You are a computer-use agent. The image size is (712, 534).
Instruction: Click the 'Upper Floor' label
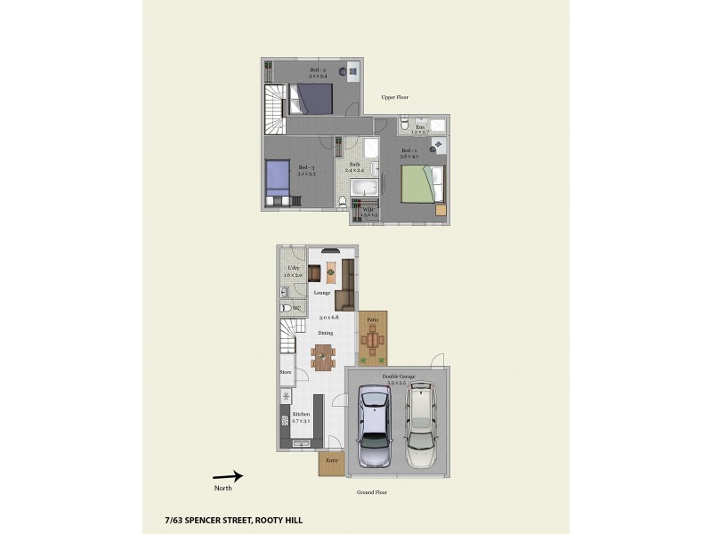pos(394,97)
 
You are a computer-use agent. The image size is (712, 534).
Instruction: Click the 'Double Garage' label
pos(398,377)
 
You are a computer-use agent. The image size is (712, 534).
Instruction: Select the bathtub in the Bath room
pos(363,189)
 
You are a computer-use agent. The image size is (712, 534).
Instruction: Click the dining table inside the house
pos(324,355)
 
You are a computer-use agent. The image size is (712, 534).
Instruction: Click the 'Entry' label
pos(331,460)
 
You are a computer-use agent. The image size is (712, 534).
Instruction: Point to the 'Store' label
pos(286,372)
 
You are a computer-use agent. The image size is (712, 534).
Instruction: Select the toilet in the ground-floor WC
pos(285,308)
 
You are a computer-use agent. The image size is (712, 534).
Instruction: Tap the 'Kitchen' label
pos(301,416)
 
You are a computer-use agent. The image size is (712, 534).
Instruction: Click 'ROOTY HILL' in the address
pos(279,519)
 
